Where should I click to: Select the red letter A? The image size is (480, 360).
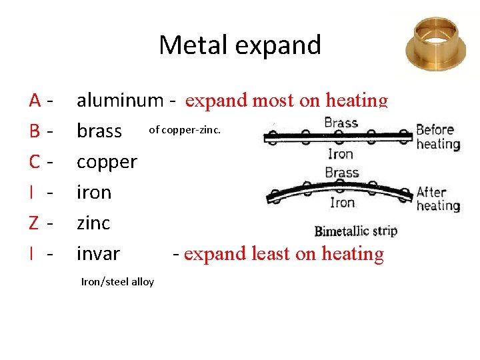tap(36, 101)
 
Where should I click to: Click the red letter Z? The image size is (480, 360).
tap(35, 223)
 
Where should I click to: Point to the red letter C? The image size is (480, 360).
tap(35, 161)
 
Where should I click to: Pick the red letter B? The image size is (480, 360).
tap(35, 131)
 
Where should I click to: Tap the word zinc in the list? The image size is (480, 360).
tap(93, 223)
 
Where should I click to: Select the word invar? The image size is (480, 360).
tap(98, 254)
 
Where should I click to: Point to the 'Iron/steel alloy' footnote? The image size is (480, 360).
tap(117, 282)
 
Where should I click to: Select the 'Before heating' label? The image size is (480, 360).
tap(438, 137)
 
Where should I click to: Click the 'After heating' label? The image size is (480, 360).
tap(438, 199)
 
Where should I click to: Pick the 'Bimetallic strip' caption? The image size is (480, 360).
tap(355, 231)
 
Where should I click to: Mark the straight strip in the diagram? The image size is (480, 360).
tap(337, 138)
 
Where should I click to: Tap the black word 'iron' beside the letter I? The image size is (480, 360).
tap(94, 193)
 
